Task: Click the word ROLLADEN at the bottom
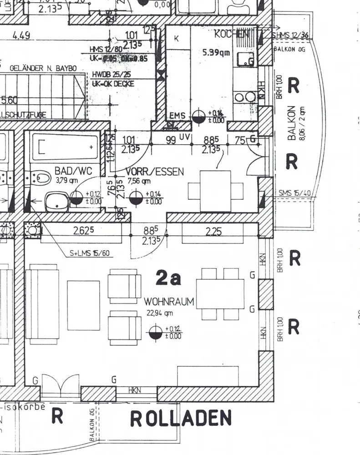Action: click(181, 418)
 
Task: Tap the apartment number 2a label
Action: click(168, 278)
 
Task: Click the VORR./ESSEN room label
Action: click(155, 172)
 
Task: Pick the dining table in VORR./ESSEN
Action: click(216, 191)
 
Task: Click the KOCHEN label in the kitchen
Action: click(232, 34)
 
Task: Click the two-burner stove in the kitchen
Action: click(244, 96)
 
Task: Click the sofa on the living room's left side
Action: click(42, 305)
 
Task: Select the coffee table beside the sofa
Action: click(83, 305)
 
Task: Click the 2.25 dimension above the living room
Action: click(213, 232)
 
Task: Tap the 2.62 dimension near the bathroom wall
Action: click(83, 231)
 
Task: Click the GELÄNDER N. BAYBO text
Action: click(43, 68)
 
